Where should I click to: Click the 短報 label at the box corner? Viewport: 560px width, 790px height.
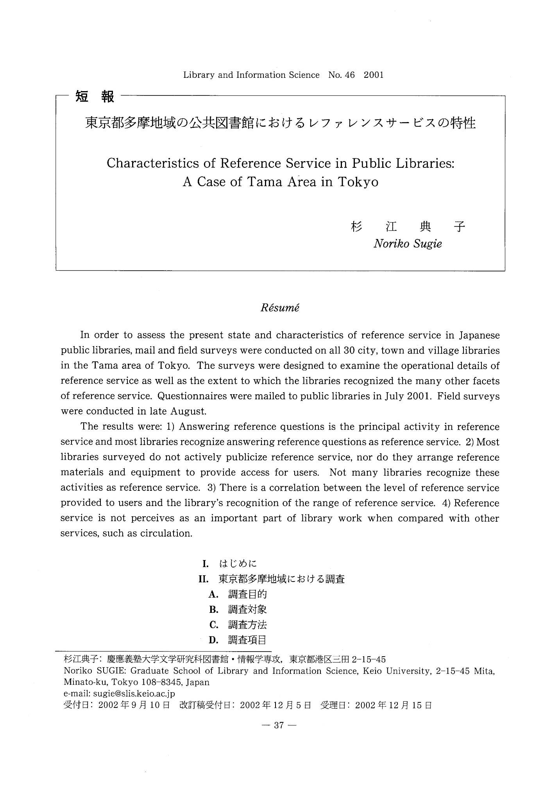(95, 96)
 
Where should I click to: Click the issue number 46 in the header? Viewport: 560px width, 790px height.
(349, 75)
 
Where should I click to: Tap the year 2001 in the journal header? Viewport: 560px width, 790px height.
(374, 75)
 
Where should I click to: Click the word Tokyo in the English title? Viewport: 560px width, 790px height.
(358, 182)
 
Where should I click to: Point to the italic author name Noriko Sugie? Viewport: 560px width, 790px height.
(408, 244)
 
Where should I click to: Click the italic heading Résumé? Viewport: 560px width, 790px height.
(280, 307)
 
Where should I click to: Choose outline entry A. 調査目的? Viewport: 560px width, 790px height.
(238, 594)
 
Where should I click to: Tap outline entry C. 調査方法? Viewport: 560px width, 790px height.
(238, 625)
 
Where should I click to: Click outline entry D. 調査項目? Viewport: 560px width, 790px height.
(238, 640)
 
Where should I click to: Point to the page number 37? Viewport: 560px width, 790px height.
(279, 725)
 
